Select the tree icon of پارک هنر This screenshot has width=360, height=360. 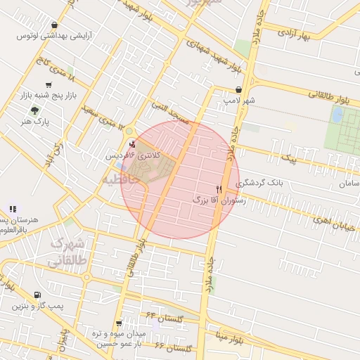[x=34, y=110]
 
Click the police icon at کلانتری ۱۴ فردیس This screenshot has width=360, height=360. [x=132, y=144]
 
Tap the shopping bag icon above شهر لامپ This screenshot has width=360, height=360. [x=240, y=90]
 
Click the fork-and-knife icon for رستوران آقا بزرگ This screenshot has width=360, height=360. [x=219, y=189]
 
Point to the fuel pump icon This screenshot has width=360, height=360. [x=37, y=295]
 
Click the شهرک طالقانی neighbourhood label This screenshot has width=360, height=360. [x=67, y=252]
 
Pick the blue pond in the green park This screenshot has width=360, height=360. [x=337, y=114]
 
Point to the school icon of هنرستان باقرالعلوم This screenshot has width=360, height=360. [x=12, y=209]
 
